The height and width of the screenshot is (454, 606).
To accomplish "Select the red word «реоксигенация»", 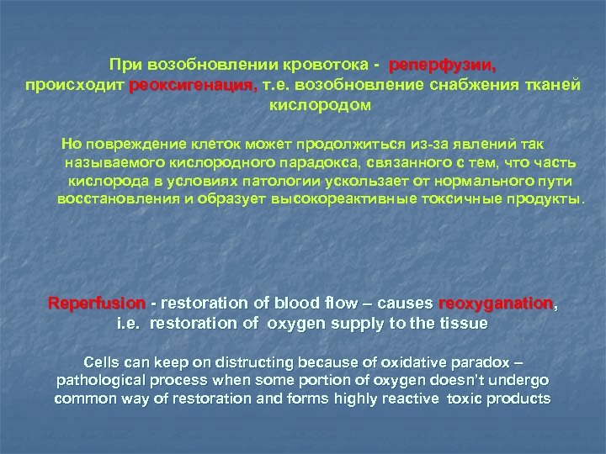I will pos(194,87).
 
